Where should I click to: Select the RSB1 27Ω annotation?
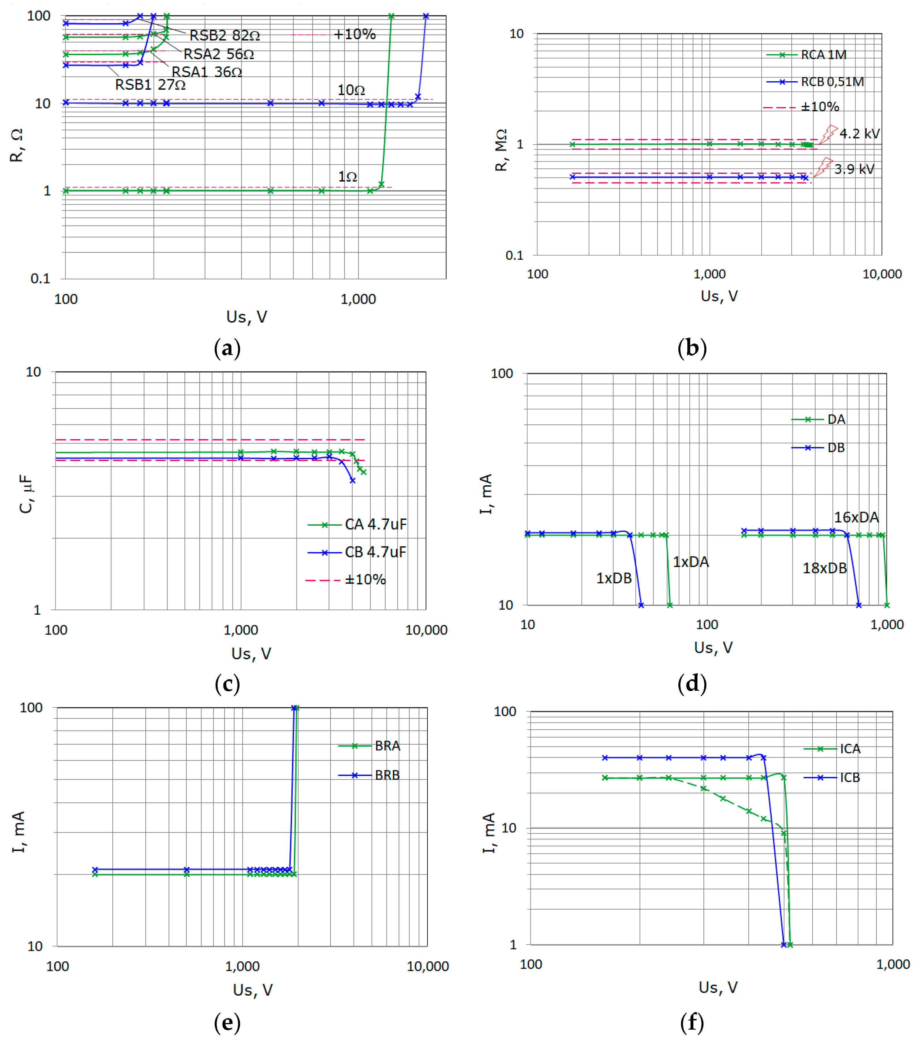pos(150,84)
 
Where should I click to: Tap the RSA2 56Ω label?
pos(219,54)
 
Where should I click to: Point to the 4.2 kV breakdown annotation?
pos(859,134)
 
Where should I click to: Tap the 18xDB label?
pos(825,568)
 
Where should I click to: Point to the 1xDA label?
pos(691,562)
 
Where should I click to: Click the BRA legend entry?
pos(387,746)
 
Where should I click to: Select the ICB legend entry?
pos(849,777)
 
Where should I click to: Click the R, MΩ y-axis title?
pos(501,150)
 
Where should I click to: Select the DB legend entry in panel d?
pos(836,448)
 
